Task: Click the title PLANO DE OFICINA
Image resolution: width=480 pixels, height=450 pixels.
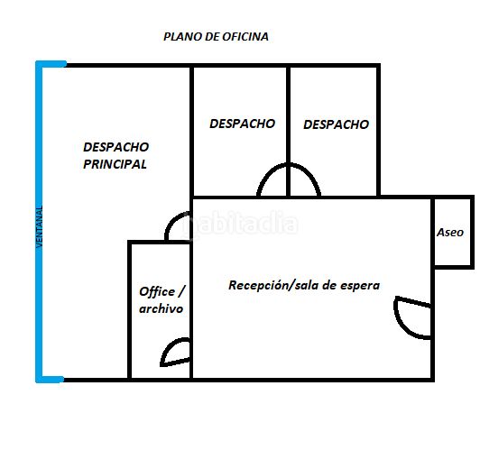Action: (x=217, y=37)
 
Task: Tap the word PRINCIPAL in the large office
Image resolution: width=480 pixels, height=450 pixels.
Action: (x=115, y=164)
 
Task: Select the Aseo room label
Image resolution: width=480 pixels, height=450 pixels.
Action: (x=450, y=232)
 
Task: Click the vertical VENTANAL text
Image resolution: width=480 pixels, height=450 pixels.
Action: (x=39, y=226)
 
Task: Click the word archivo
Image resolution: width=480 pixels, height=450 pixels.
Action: (x=161, y=308)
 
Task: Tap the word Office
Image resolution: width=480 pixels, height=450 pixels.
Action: (x=157, y=291)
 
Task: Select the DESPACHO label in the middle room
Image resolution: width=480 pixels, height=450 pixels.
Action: (x=242, y=124)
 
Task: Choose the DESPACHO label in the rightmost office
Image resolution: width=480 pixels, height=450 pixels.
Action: (x=337, y=124)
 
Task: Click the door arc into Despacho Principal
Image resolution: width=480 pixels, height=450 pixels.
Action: (x=171, y=221)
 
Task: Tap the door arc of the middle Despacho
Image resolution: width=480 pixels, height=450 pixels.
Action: (x=265, y=174)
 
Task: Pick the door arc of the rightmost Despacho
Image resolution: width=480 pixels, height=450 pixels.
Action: (x=312, y=174)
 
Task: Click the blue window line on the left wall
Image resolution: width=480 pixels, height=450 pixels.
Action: (x=39, y=222)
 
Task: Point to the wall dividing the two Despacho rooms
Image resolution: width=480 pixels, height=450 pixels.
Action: (x=288, y=132)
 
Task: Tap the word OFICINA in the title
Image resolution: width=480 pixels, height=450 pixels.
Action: (x=245, y=37)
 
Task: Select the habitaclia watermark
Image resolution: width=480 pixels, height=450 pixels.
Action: (x=240, y=223)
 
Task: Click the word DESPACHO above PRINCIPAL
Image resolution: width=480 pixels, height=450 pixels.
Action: (x=116, y=147)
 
